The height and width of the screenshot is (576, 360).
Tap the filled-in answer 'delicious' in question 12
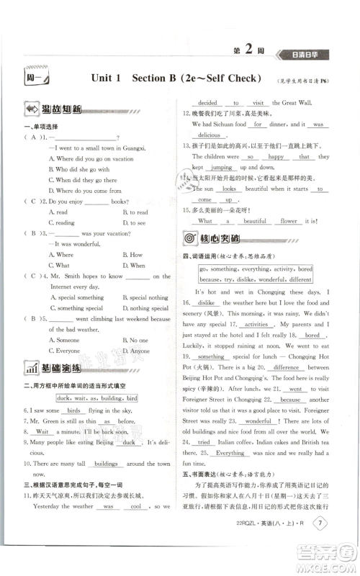[209, 135]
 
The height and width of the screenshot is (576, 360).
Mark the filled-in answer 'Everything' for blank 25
[230, 453]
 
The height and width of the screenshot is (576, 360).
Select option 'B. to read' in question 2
[135, 212]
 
